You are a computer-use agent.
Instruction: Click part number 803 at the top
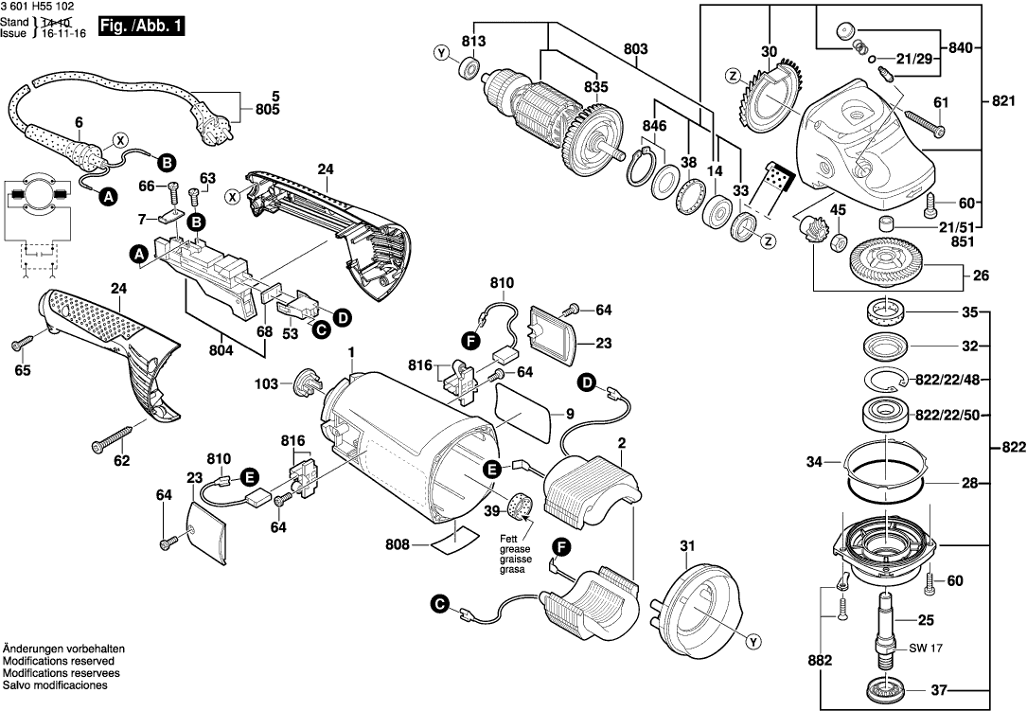pos(636,47)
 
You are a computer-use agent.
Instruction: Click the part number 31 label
pos(687,544)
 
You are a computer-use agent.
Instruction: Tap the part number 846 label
pos(653,124)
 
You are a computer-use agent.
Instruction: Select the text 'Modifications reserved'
pos(59,660)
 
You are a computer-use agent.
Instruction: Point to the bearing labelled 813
pos(468,68)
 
